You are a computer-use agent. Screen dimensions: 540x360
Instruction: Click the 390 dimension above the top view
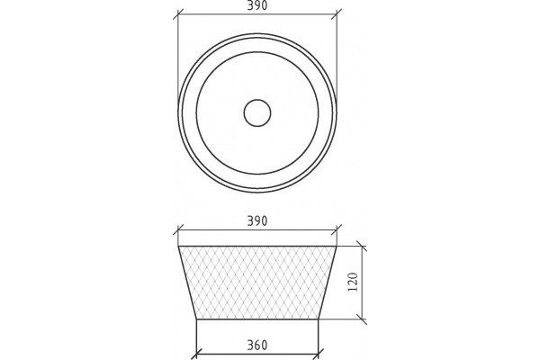257,5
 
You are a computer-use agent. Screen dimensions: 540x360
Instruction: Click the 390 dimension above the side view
257,220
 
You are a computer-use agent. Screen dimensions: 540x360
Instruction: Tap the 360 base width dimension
257,345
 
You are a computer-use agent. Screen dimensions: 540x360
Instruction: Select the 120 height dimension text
354,282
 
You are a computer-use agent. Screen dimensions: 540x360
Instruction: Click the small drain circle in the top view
257,113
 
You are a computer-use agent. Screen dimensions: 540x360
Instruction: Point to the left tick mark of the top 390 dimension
178,14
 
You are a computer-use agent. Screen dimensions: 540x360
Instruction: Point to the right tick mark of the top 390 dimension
337,14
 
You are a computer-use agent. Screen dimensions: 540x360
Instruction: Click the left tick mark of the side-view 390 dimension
178,229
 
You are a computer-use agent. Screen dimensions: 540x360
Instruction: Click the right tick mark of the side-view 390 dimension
337,229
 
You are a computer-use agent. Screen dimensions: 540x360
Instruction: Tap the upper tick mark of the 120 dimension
362,247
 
